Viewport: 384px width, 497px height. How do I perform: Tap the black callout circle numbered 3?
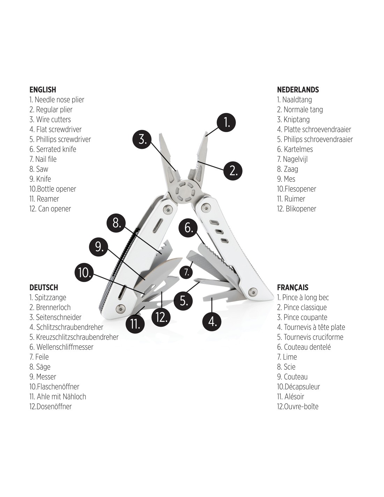click(142, 139)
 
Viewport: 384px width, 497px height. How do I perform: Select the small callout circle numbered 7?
click(187, 272)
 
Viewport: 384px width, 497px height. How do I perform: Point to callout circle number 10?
click(84, 273)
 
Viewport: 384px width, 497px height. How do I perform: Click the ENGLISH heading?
click(43, 90)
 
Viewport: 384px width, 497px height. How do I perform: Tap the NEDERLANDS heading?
click(298, 90)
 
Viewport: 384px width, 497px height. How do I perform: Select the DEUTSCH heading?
click(44, 287)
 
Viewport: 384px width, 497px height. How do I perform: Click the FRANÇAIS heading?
click(293, 288)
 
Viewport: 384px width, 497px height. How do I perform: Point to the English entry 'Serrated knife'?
click(53, 149)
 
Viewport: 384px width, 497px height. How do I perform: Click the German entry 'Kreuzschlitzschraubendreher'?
click(74, 337)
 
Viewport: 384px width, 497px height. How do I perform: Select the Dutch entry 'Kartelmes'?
click(295, 149)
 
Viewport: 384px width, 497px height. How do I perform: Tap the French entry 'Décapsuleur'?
click(298, 387)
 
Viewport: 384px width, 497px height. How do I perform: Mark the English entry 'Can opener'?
click(50, 209)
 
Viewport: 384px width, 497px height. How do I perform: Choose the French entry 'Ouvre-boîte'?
click(298, 406)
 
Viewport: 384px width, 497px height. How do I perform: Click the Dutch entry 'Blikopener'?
click(296, 209)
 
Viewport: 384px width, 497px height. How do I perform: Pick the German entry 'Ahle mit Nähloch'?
click(58, 396)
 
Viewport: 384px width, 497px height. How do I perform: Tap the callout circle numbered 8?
click(117, 223)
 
